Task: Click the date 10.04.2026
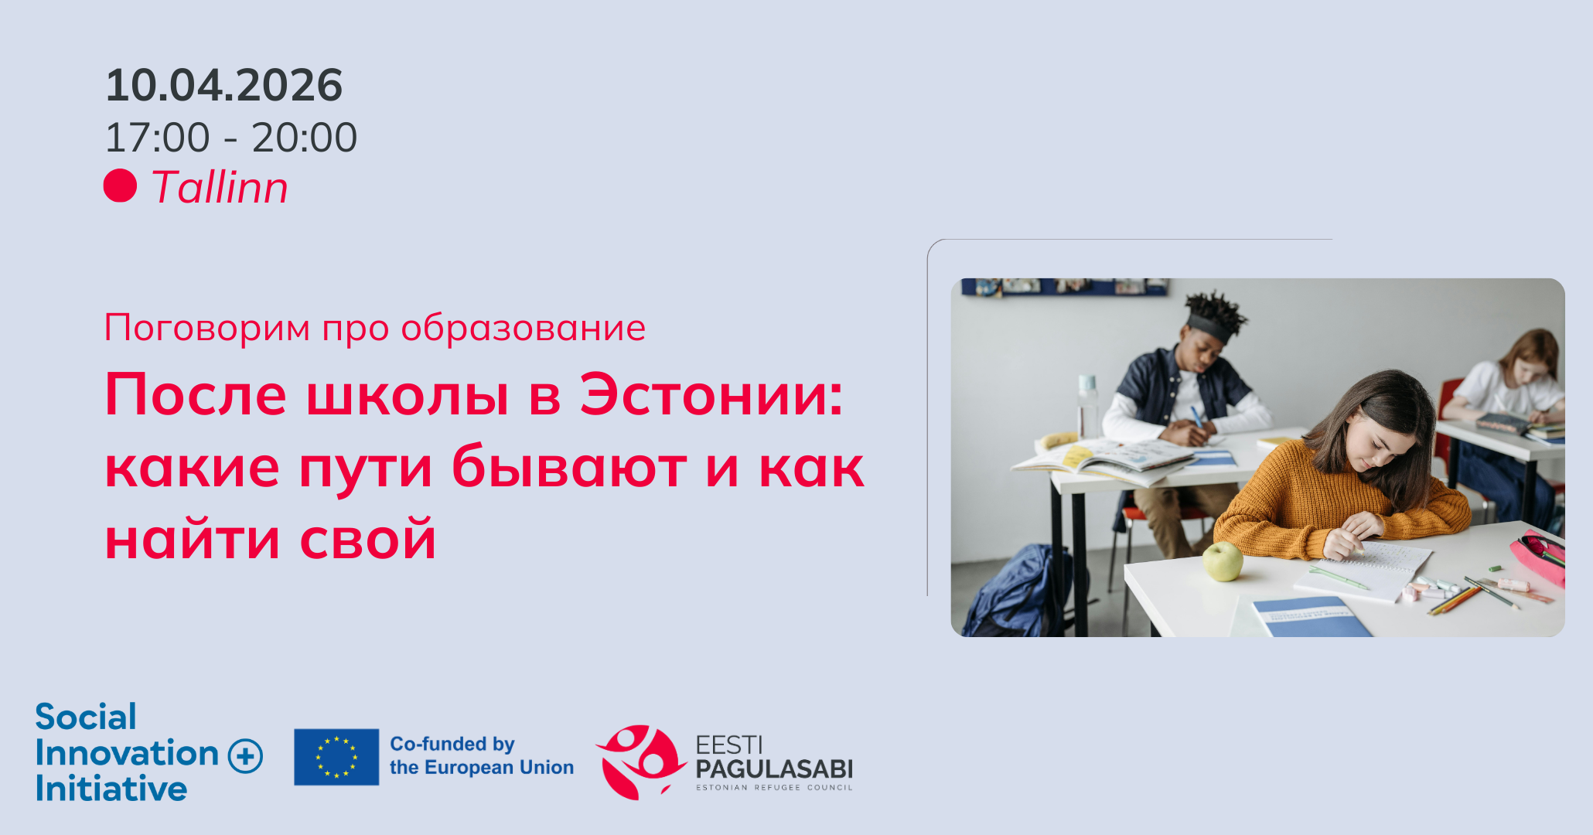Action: point(224,85)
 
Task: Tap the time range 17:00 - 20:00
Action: point(230,138)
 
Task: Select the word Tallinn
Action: point(220,187)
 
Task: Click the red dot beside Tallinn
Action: point(120,186)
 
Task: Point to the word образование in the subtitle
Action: point(523,328)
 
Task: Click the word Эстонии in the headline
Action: point(711,395)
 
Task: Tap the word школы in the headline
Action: point(408,395)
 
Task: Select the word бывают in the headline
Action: point(569,468)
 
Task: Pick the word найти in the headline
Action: point(193,540)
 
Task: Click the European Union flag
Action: point(336,757)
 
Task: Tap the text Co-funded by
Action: point(452,744)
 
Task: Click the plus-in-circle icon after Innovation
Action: point(246,755)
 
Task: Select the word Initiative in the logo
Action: point(111,789)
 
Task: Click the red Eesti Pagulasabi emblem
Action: point(640,762)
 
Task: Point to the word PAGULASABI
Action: point(774,769)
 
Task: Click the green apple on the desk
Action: point(1222,561)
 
